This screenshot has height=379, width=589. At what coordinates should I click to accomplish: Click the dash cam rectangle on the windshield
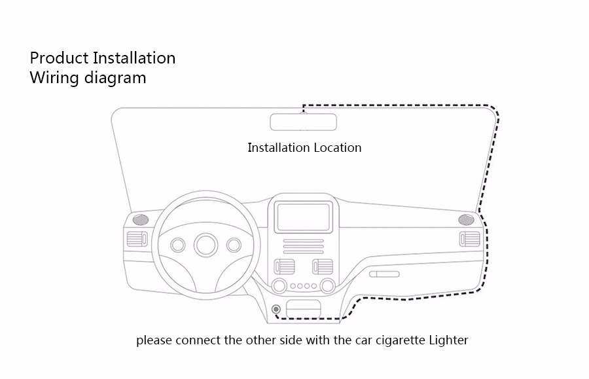pyautogui.click(x=304, y=122)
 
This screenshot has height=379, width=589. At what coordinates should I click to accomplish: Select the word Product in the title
pyautogui.click(x=57, y=58)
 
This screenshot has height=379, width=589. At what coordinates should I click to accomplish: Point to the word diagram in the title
pyautogui.click(x=115, y=78)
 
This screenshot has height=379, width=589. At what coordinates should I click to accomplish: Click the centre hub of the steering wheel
pyautogui.click(x=206, y=245)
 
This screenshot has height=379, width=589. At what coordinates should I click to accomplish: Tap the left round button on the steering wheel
pyautogui.click(x=177, y=245)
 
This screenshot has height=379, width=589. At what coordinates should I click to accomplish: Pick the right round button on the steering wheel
pyautogui.click(x=234, y=245)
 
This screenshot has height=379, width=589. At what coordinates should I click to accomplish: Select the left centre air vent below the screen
pyautogui.click(x=285, y=266)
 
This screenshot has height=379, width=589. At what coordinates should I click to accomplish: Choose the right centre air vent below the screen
pyautogui.click(x=323, y=266)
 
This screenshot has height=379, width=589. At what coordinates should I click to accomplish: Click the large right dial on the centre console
pyautogui.click(x=328, y=285)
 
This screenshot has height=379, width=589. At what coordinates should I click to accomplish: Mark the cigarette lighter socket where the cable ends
pyautogui.click(x=276, y=309)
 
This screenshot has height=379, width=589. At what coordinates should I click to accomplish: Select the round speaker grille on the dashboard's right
pyautogui.click(x=466, y=219)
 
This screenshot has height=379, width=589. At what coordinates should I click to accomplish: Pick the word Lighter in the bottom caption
pyautogui.click(x=448, y=340)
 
